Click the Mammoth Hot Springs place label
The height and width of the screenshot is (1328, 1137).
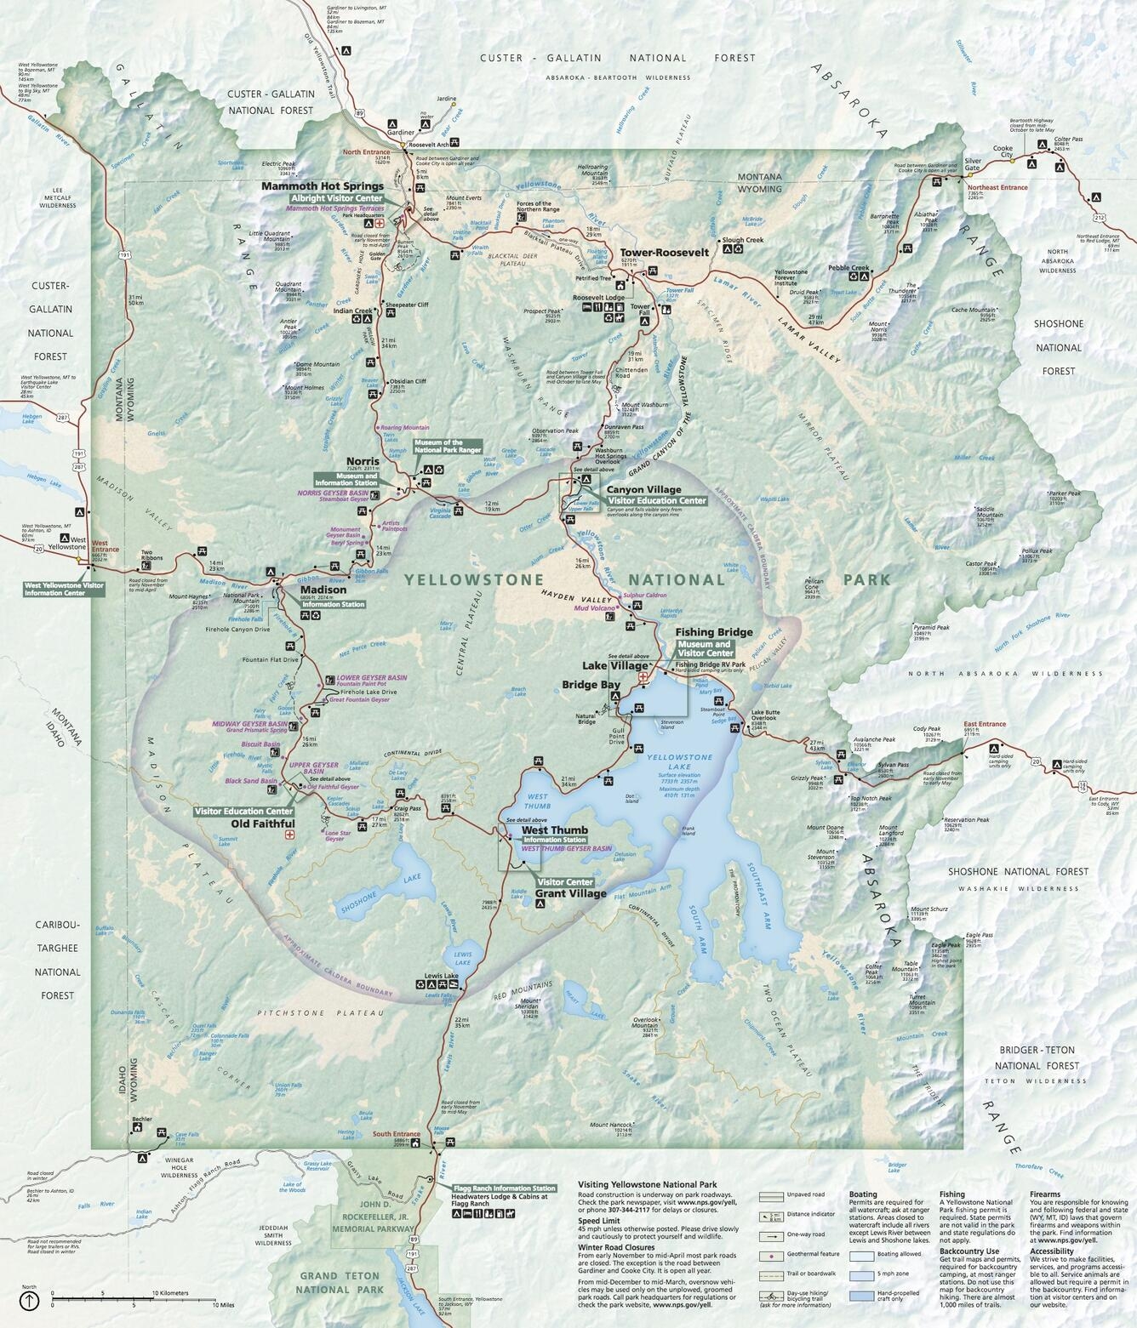(x=323, y=185)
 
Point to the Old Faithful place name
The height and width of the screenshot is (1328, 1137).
(x=263, y=824)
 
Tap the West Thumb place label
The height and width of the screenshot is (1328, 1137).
(x=554, y=830)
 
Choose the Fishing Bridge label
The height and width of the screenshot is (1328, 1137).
(x=713, y=632)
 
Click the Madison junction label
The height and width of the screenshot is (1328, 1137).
(x=323, y=590)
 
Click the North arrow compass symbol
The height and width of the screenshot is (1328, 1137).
(x=30, y=1300)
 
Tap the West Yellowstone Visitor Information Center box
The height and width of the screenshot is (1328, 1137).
(x=64, y=589)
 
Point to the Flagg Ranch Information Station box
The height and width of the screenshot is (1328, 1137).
(x=505, y=1188)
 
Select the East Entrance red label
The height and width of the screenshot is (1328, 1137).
(x=986, y=724)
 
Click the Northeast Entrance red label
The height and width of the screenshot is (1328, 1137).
(x=997, y=187)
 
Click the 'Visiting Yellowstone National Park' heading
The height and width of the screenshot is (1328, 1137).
(x=647, y=1183)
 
